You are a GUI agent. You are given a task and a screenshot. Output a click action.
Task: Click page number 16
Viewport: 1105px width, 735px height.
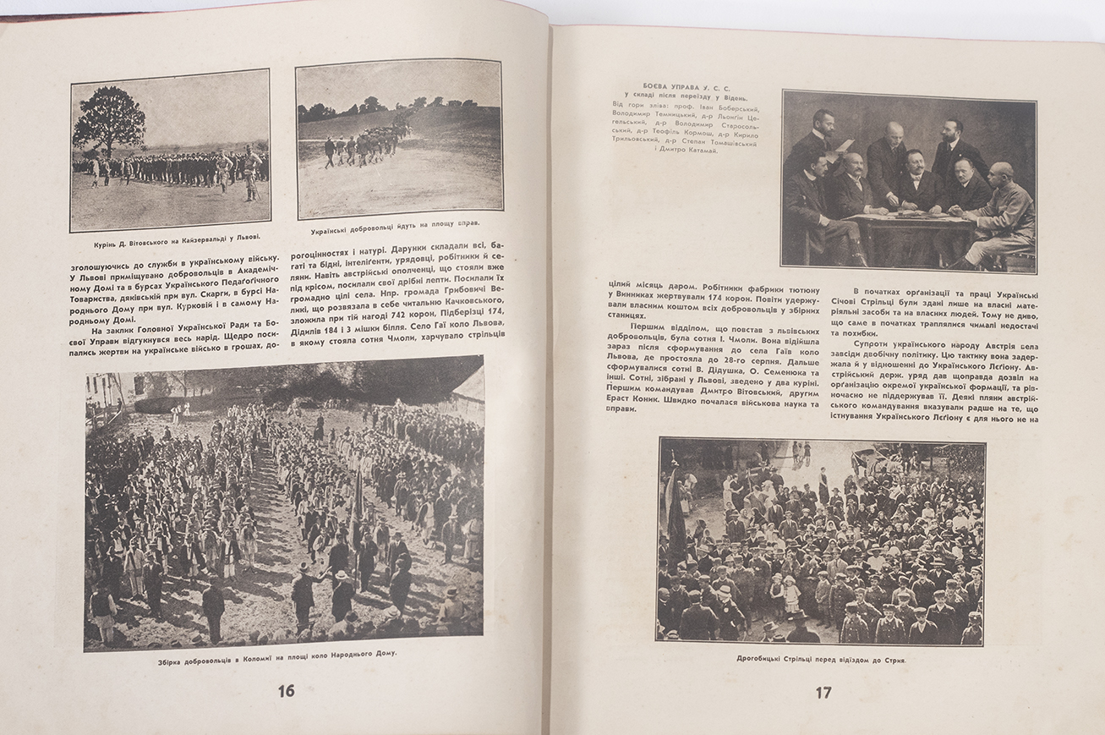click(287, 690)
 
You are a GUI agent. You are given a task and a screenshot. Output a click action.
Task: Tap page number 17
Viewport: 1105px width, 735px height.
click(823, 693)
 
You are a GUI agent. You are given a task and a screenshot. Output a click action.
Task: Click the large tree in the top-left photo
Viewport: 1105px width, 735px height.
click(109, 120)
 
